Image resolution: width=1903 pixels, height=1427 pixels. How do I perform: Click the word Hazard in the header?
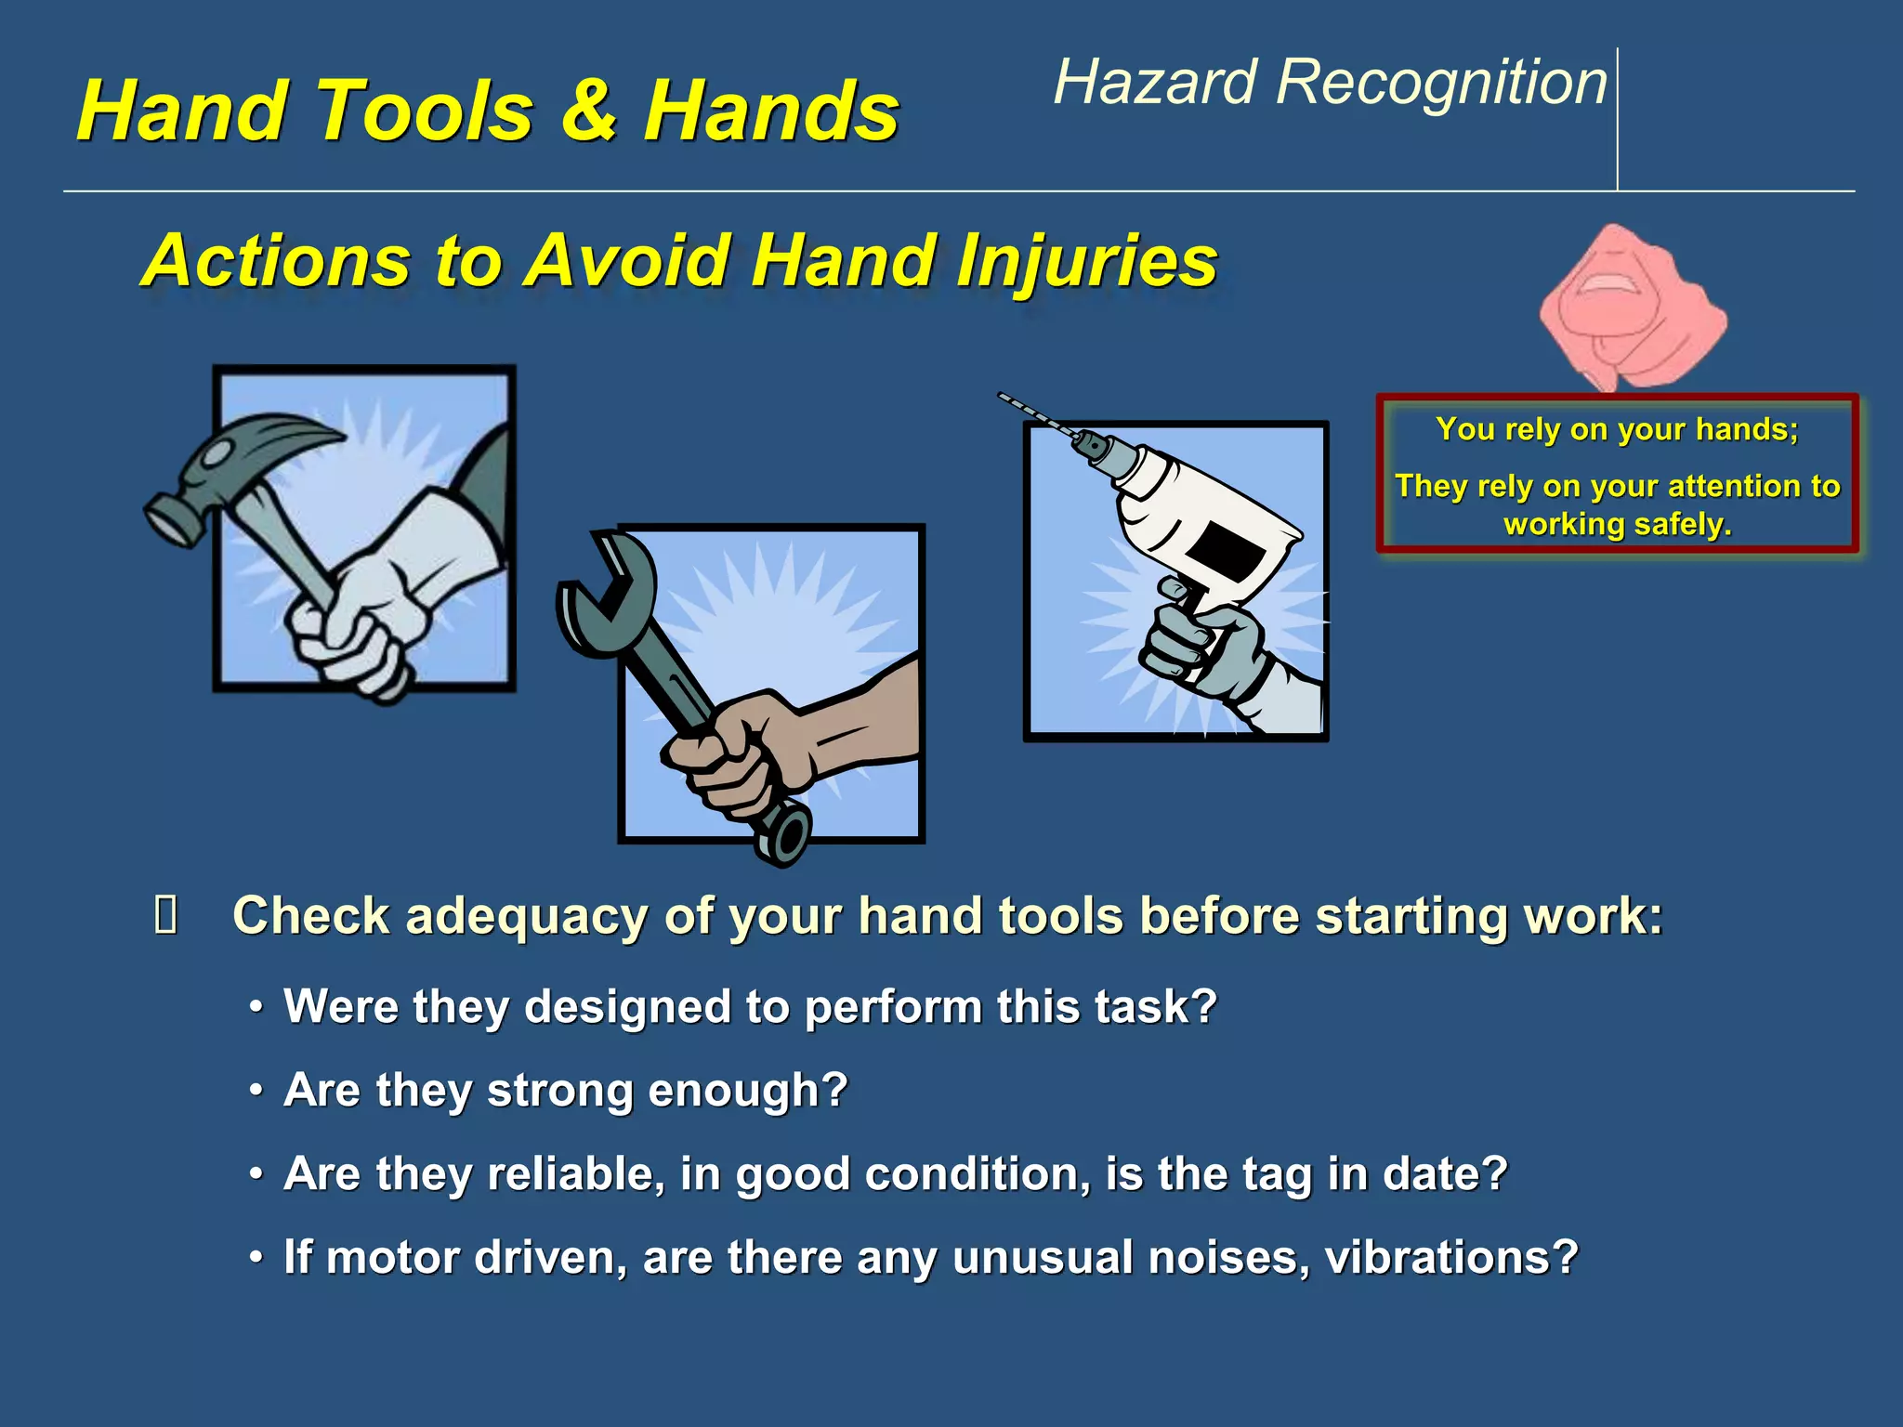[x=1154, y=82]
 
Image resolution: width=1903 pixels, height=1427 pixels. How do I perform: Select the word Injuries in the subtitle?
[x=1086, y=261]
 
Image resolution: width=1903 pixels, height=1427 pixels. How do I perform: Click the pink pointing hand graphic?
[x=1631, y=307]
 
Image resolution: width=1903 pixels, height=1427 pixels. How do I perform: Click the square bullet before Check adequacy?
[x=166, y=915]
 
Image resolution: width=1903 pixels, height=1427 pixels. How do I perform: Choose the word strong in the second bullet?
[x=559, y=1090]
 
